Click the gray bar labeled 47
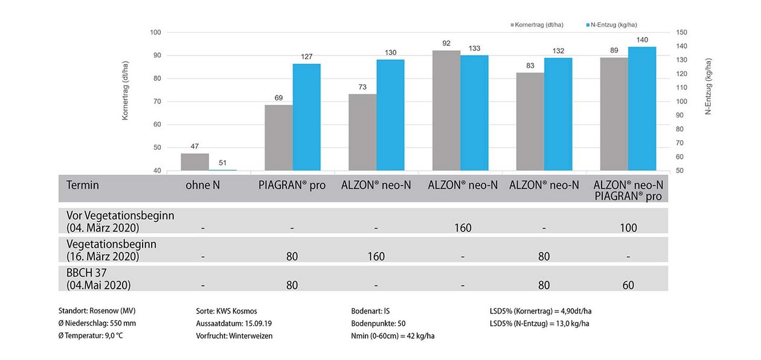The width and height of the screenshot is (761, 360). point(194,162)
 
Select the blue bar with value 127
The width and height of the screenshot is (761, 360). point(306,117)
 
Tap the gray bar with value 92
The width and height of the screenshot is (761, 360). point(446,111)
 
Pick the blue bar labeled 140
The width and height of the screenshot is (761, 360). point(641,109)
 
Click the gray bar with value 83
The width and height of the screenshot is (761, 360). point(530,121)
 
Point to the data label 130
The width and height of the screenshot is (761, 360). point(390,53)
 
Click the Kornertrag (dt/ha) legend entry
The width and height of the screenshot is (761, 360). point(538,25)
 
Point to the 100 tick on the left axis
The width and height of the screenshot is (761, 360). point(156,32)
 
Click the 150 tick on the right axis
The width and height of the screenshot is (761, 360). point(681,32)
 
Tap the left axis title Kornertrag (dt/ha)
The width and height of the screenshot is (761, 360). point(126,91)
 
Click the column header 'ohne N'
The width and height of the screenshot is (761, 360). point(203,185)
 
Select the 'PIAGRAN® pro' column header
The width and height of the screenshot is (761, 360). point(292,185)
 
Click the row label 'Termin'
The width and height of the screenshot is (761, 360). point(83,185)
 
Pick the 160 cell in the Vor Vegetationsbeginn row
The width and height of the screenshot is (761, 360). point(463,228)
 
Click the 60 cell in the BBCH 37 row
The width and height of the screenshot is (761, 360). point(628,285)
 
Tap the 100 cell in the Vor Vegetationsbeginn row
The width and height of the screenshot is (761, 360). point(628,228)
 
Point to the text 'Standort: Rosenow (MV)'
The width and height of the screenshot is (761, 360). point(97,311)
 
